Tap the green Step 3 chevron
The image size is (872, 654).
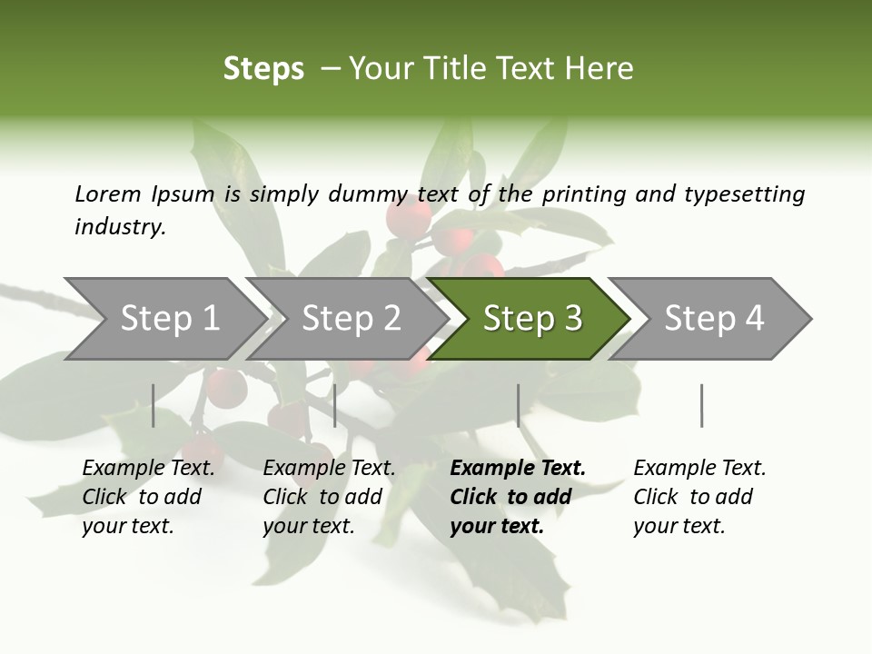tap(531, 319)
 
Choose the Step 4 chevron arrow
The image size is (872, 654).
tap(713, 319)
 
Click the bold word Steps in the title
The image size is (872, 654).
tap(263, 69)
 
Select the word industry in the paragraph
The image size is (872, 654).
tap(119, 227)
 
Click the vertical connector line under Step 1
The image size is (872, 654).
tap(154, 405)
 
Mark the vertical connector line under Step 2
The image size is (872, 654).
tap(335, 405)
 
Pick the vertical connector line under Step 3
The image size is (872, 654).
tap(518, 405)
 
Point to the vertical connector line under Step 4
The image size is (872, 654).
tap(701, 405)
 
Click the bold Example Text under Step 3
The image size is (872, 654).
tap(518, 468)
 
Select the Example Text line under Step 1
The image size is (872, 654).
tap(148, 468)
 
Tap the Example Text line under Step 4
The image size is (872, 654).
tap(699, 468)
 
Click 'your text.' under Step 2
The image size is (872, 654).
tap(309, 526)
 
